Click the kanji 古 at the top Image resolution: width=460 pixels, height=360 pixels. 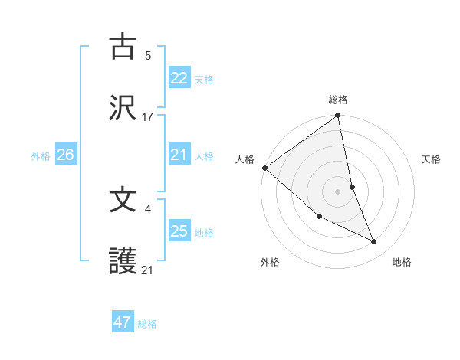coord(123,47)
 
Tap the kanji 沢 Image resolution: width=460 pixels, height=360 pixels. coord(123,108)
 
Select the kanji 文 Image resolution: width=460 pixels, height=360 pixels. coord(123,200)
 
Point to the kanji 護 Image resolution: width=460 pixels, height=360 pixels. coord(123,261)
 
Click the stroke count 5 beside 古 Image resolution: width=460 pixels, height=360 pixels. coord(148,55)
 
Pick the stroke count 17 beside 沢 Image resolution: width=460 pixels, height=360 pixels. coord(148,116)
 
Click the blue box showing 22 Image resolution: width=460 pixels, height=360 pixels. coord(179,78)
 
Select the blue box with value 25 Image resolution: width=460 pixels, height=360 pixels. coord(179,231)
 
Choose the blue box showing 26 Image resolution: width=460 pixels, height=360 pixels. coord(66,155)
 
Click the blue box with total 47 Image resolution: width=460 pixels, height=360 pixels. coord(123,322)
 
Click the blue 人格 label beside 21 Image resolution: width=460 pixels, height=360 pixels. coord(204,156)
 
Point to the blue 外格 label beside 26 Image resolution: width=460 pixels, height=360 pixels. coord(41,156)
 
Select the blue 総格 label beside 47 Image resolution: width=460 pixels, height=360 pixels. coord(147,324)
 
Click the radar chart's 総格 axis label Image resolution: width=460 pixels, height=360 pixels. coord(338,100)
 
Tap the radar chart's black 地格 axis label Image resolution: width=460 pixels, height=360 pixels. coord(402,262)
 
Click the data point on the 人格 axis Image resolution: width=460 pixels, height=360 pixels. coord(264,168)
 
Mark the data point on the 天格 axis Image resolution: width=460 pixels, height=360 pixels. coord(353,186)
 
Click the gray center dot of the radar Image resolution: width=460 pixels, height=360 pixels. coord(338,191)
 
